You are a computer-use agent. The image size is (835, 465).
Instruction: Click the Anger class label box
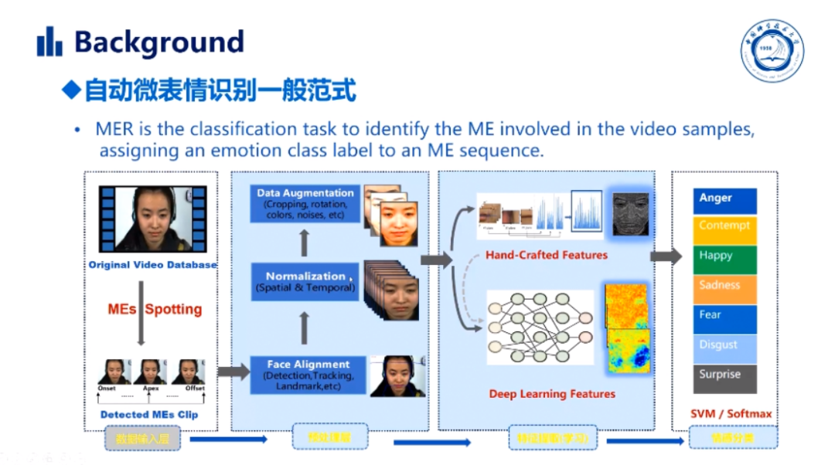click(724, 200)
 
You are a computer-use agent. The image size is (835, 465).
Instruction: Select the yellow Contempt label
click(724, 229)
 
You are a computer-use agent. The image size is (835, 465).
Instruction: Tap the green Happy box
click(724, 259)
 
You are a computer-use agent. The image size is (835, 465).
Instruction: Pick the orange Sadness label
click(724, 288)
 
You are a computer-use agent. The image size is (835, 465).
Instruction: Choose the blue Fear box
click(724, 318)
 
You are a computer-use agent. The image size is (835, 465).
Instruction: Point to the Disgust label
click(724, 348)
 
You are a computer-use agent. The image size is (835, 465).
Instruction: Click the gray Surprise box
click(724, 378)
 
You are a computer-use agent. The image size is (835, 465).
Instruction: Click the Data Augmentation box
click(305, 204)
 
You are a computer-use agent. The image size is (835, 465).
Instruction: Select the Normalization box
click(305, 281)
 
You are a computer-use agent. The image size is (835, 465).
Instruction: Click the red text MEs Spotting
click(155, 309)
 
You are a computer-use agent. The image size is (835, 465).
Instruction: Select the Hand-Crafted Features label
click(547, 255)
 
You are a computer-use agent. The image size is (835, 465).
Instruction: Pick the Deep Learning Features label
click(552, 394)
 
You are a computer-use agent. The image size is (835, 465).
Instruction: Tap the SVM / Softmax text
click(731, 414)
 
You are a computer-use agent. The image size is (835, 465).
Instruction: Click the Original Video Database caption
click(152, 265)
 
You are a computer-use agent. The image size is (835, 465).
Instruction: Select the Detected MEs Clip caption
click(149, 415)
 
